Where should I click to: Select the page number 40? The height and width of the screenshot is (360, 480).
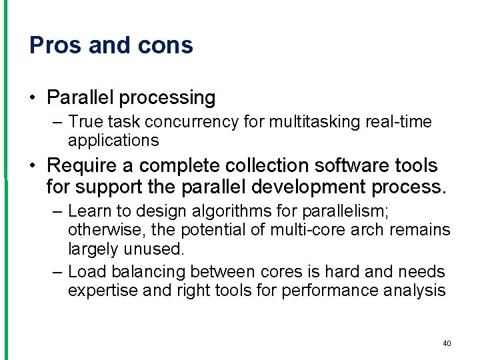[447, 343]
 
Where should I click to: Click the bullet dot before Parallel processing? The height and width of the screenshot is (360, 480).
[33, 99]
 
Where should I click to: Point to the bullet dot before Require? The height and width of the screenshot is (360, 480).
[33, 165]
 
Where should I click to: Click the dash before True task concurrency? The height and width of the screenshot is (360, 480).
[57, 123]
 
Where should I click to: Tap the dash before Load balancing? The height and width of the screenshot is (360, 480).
[57, 272]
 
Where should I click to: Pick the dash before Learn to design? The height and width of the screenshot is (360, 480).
[57, 211]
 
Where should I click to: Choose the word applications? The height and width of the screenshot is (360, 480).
[113, 141]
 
